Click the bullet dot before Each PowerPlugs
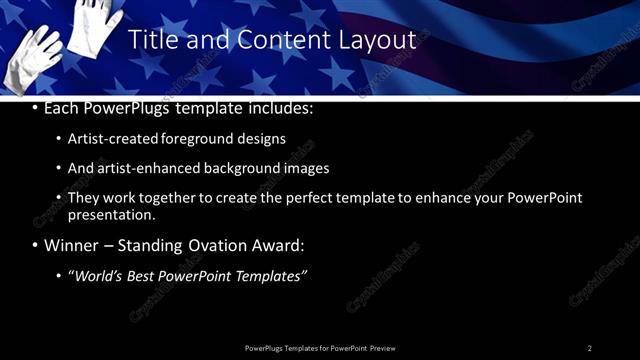coord(36,108)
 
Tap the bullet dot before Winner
coord(36,245)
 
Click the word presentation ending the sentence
coord(111,214)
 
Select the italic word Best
coord(141,275)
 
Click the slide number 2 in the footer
coord(589,348)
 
